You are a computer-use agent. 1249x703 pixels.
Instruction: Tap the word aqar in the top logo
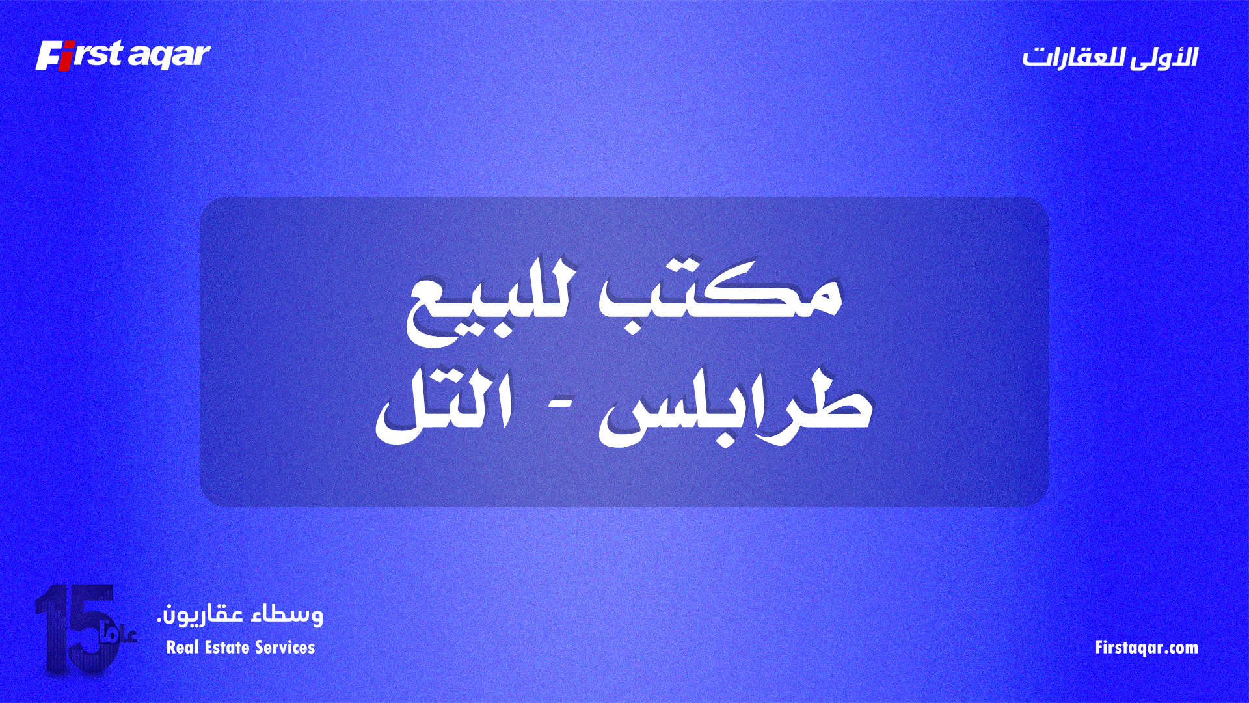tap(169, 56)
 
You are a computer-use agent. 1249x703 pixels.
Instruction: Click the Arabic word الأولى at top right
tap(1164, 57)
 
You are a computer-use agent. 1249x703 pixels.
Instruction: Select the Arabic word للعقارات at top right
tap(1073, 57)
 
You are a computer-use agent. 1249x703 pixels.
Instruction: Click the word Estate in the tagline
tap(227, 648)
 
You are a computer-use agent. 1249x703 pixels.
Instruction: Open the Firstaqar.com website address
tap(1146, 648)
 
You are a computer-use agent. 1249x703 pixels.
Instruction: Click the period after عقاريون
tap(159, 620)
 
